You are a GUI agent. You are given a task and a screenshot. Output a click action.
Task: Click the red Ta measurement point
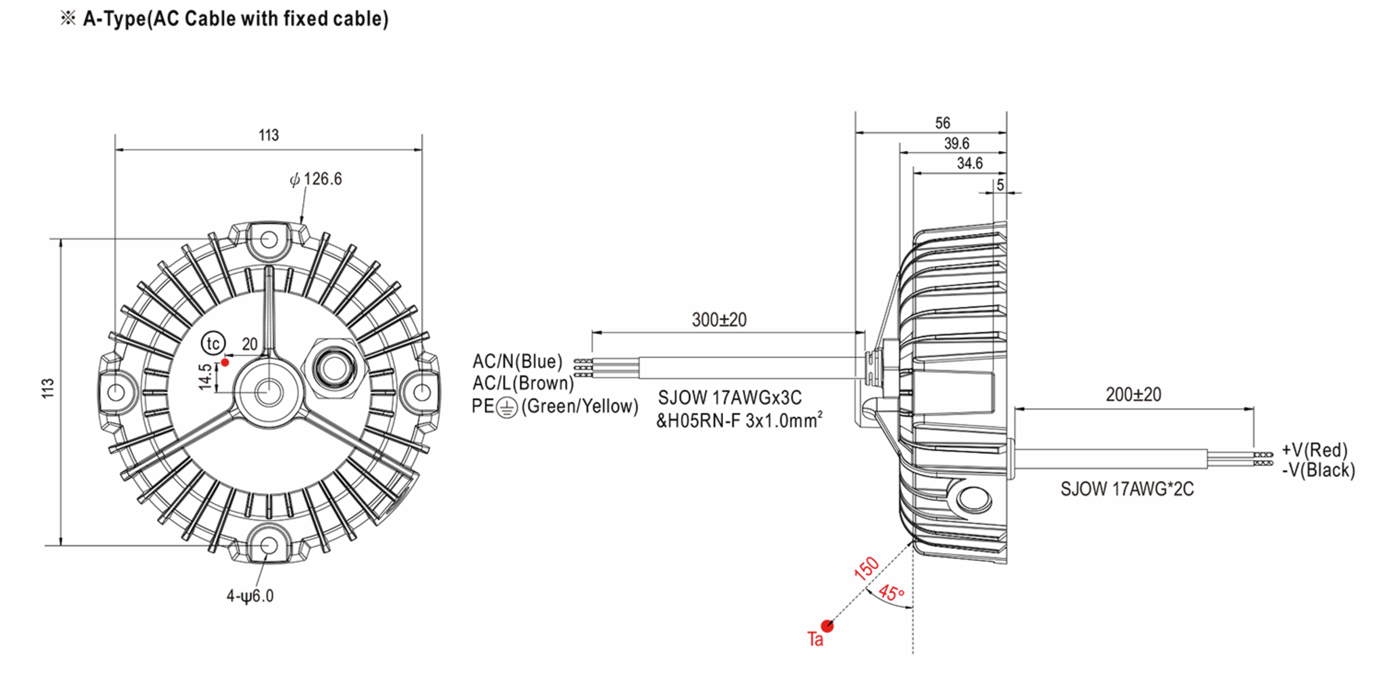(827, 626)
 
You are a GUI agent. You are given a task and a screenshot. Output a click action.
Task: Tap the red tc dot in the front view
(225, 362)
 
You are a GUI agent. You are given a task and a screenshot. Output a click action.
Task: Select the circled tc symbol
(213, 343)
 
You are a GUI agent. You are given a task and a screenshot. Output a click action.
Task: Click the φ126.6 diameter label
(317, 179)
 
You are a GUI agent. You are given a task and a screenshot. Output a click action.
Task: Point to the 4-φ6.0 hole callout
(250, 596)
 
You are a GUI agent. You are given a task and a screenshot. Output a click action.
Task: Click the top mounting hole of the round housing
(268, 239)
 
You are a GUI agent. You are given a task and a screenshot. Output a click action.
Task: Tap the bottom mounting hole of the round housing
(268, 545)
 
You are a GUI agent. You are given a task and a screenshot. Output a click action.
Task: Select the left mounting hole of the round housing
(116, 392)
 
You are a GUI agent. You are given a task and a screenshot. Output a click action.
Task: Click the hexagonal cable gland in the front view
(335, 367)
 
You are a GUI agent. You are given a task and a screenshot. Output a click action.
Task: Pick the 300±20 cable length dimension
(719, 320)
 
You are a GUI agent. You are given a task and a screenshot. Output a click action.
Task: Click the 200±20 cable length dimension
(1133, 395)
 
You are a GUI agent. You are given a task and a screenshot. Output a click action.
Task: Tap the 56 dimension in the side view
(942, 123)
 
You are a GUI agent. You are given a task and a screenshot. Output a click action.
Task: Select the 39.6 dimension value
(956, 143)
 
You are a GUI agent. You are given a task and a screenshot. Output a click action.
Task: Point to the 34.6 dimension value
(969, 164)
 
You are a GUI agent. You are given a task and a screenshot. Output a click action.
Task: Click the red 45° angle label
(891, 593)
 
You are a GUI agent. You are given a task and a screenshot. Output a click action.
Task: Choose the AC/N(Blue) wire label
(517, 361)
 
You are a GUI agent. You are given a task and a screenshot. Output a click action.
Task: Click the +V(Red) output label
(1314, 450)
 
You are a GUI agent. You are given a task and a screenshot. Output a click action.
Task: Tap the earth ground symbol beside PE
(507, 408)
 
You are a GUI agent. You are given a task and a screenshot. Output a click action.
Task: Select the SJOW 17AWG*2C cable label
(1127, 489)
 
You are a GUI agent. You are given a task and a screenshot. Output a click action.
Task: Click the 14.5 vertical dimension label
(205, 376)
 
